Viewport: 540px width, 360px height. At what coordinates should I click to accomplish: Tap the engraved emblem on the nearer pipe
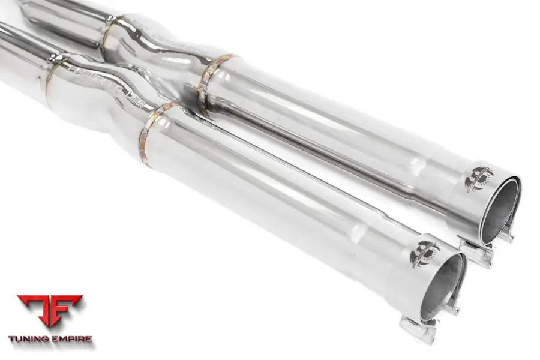tap(424, 253)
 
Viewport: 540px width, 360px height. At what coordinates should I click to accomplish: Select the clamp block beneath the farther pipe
tap(477, 253)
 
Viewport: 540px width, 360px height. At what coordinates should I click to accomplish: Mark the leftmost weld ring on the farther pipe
tap(108, 33)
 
